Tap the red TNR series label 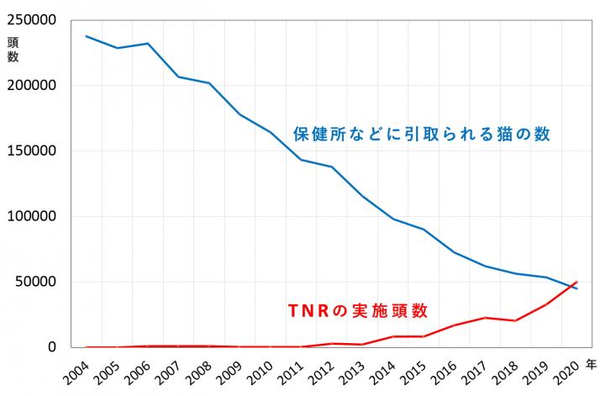point(358,310)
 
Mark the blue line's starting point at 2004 point(87,36)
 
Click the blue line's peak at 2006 point(148,43)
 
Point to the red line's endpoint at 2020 point(577,282)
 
